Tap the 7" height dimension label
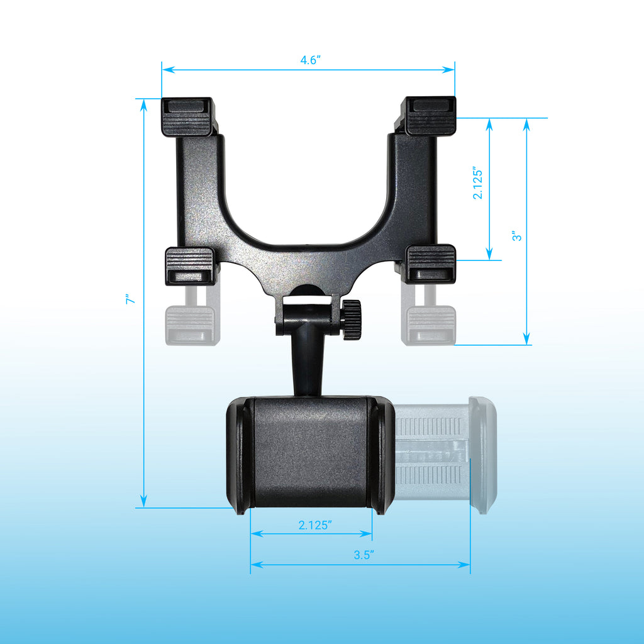coord(130,301)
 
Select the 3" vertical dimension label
coord(516,236)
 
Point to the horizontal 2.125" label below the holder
coord(315,526)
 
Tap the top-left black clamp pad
coord(186,116)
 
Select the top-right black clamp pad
coord(430,116)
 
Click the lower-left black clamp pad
coord(190,265)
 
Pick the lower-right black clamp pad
coord(431,264)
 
